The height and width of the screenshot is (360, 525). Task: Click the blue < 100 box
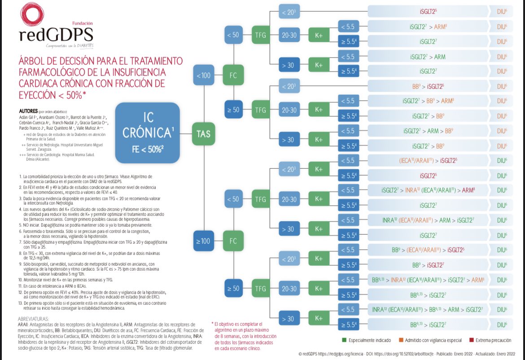pyautogui.click(x=203, y=75)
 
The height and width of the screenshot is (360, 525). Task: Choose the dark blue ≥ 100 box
pyautogui.click(x=203, y=241)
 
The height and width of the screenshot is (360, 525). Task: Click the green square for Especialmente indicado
pyautogui.click(x=345, y=340)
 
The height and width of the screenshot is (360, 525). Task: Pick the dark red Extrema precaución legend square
pyautogui.click(x=472, y=340)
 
